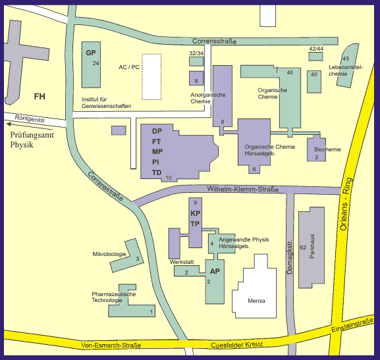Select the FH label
point(40,97)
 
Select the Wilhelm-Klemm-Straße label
point(242,190)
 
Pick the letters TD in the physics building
point(157,172)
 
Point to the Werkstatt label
point(182,262)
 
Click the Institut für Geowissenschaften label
point(102,102)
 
